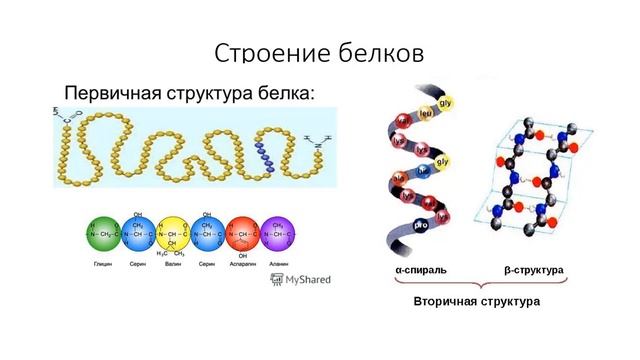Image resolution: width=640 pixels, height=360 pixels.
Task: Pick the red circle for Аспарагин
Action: pos(243,234)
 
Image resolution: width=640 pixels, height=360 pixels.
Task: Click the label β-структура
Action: pos(534,271)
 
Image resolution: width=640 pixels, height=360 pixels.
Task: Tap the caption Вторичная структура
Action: pos(477,301)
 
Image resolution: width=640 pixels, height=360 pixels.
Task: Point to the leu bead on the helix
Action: pos(426,113)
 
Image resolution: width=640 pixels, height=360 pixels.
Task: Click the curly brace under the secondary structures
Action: pos(477,284)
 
